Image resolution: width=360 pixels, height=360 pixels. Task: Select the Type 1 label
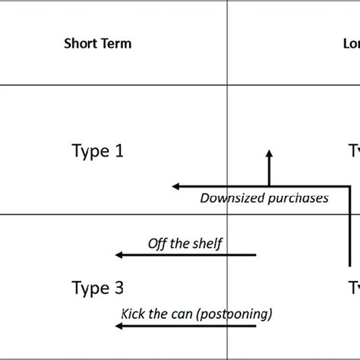click(x=97, y=151)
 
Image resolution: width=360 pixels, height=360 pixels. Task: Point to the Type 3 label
click(x=97, y=288)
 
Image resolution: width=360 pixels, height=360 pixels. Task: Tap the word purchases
click(x=301, y=199)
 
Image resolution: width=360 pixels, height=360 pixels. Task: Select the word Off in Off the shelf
click(x=156, y=243)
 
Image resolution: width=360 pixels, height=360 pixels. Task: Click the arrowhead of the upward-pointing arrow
click(x=268, y=154)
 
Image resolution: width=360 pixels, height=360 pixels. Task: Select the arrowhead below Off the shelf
click(x=118, y=256)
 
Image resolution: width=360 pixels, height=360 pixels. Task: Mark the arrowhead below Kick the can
click(x=118, y=327)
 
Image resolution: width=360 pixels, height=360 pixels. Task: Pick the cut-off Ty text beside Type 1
click(x=354, y=151)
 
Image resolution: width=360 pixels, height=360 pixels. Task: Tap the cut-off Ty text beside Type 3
click(x=354, y=288)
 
